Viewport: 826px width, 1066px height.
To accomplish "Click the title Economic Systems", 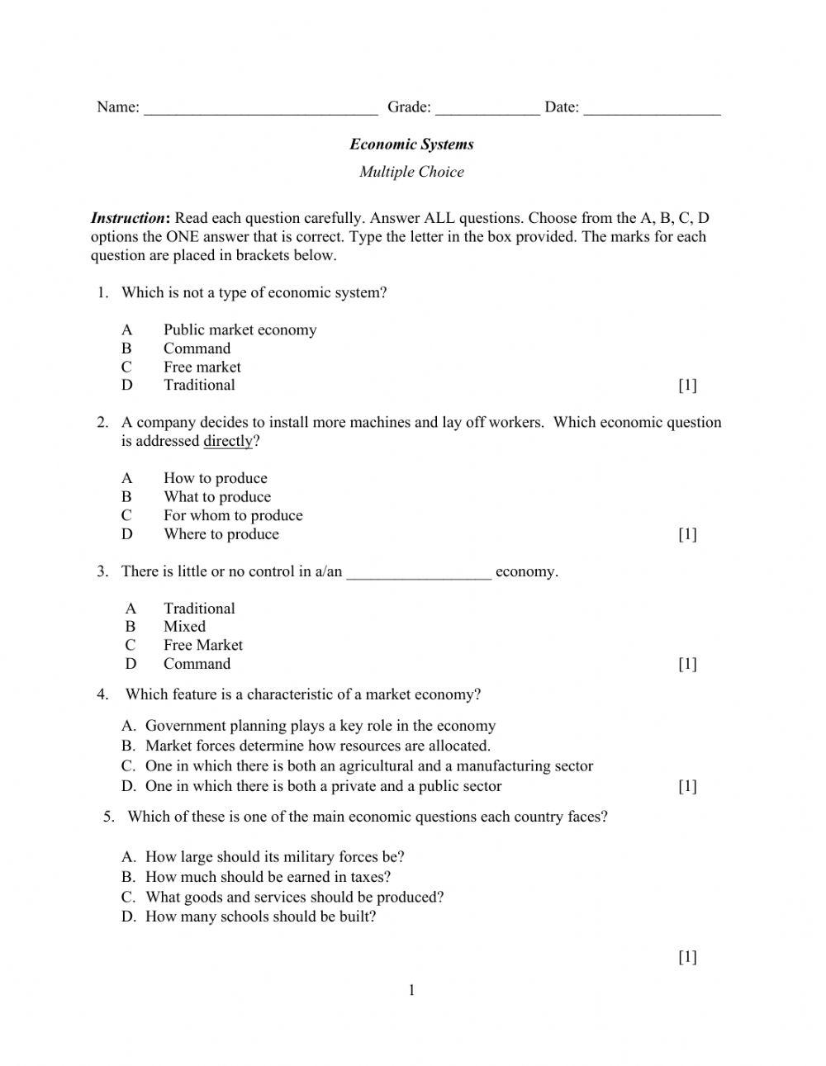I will [411, 145].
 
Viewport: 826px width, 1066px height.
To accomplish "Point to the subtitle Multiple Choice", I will [411, 172].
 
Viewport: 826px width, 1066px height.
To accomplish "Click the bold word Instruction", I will [129, 218].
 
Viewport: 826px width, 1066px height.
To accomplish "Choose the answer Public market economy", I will [240, 329].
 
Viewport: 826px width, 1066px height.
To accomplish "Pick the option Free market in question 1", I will [202, 367].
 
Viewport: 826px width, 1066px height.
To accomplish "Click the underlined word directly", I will [228, 441].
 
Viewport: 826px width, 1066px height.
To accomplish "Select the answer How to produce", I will [215, 478].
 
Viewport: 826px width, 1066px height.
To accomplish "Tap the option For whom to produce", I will [233, 515].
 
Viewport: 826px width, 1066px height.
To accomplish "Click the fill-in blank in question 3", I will [419, 572].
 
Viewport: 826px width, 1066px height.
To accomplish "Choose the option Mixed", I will [184, 627].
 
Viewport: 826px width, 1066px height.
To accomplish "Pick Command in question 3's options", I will [197, 664].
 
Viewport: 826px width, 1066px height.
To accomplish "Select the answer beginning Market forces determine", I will [318, 746].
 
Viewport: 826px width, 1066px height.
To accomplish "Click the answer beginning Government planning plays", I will [320, 726].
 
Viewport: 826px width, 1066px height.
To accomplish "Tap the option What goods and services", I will [295, 897].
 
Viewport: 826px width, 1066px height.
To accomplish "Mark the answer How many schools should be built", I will [260, 917].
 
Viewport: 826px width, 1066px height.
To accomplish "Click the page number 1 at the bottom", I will [411, 991].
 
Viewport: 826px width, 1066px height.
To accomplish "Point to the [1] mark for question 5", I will [687, 957].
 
